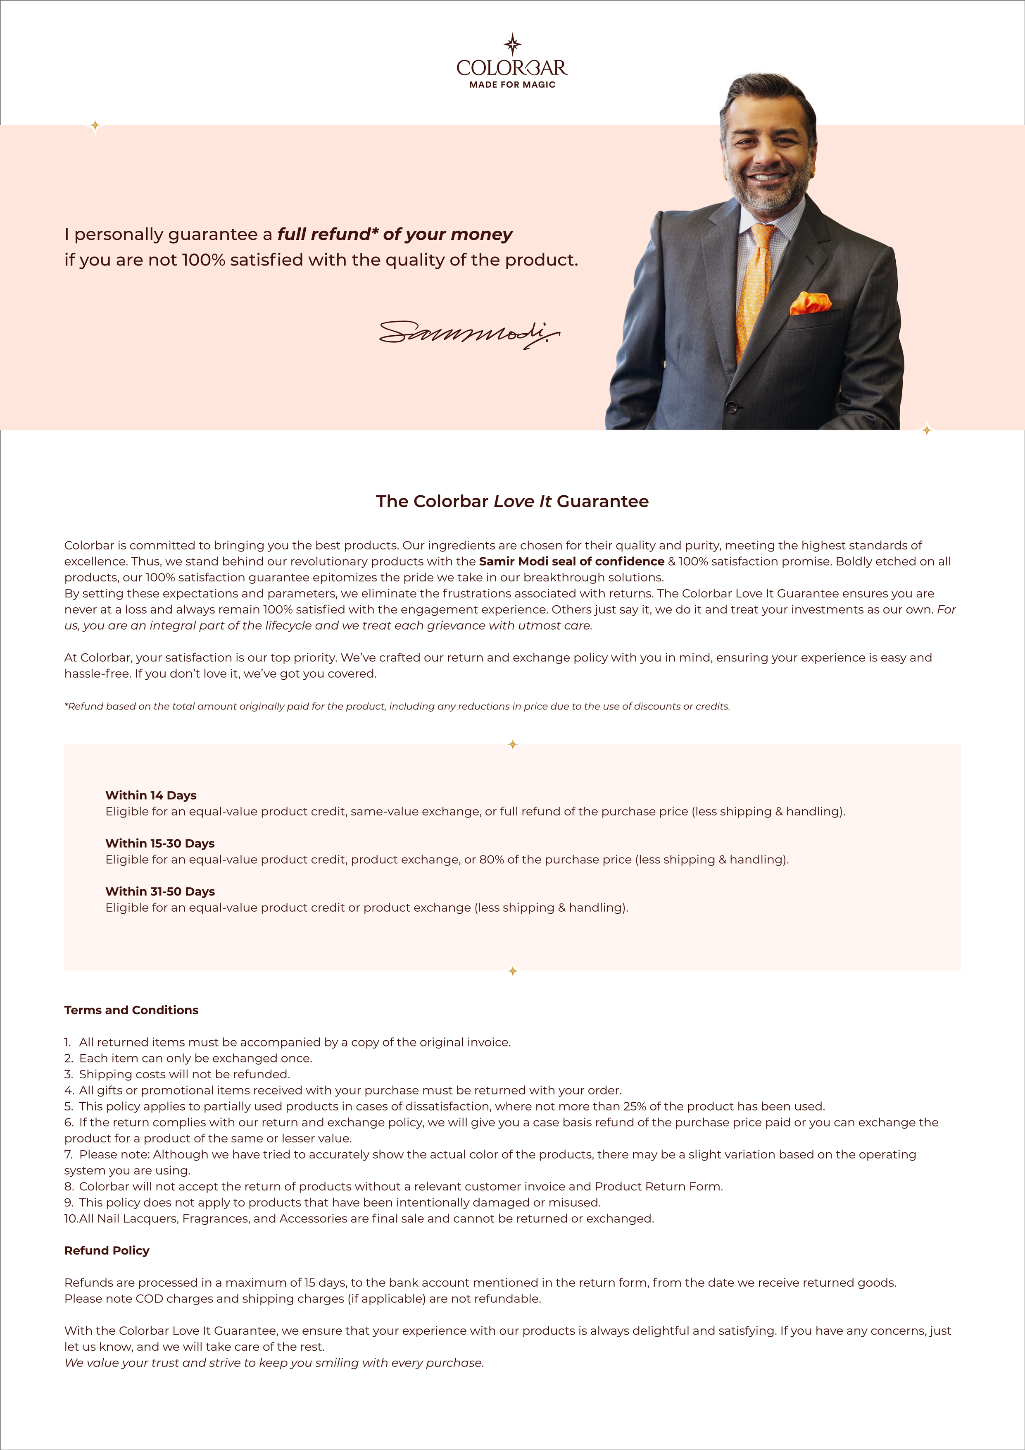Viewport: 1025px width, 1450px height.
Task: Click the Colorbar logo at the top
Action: [x=512, y=66]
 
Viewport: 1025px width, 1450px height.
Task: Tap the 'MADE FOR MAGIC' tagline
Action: [x=512, y=85]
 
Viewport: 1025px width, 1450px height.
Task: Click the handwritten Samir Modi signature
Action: [x=469, y=333]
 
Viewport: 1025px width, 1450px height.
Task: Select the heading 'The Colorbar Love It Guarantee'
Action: [x=512, y=502]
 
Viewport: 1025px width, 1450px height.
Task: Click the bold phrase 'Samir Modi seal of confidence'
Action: [x=571, y=561]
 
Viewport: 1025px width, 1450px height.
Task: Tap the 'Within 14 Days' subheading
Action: [x=151, y=795]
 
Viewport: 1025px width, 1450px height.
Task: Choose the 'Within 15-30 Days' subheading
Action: [x=160, y=843]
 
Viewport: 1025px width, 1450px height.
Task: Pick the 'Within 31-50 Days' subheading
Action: [x=160, y=891]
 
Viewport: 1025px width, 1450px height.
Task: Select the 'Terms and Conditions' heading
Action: [x=131, y=1010]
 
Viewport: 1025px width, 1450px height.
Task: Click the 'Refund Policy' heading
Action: [x=107, y=1250]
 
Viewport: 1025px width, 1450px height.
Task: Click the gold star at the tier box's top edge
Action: [x=512, y=745]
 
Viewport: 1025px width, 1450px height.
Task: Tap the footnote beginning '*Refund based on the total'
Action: [x=397, y=706]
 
